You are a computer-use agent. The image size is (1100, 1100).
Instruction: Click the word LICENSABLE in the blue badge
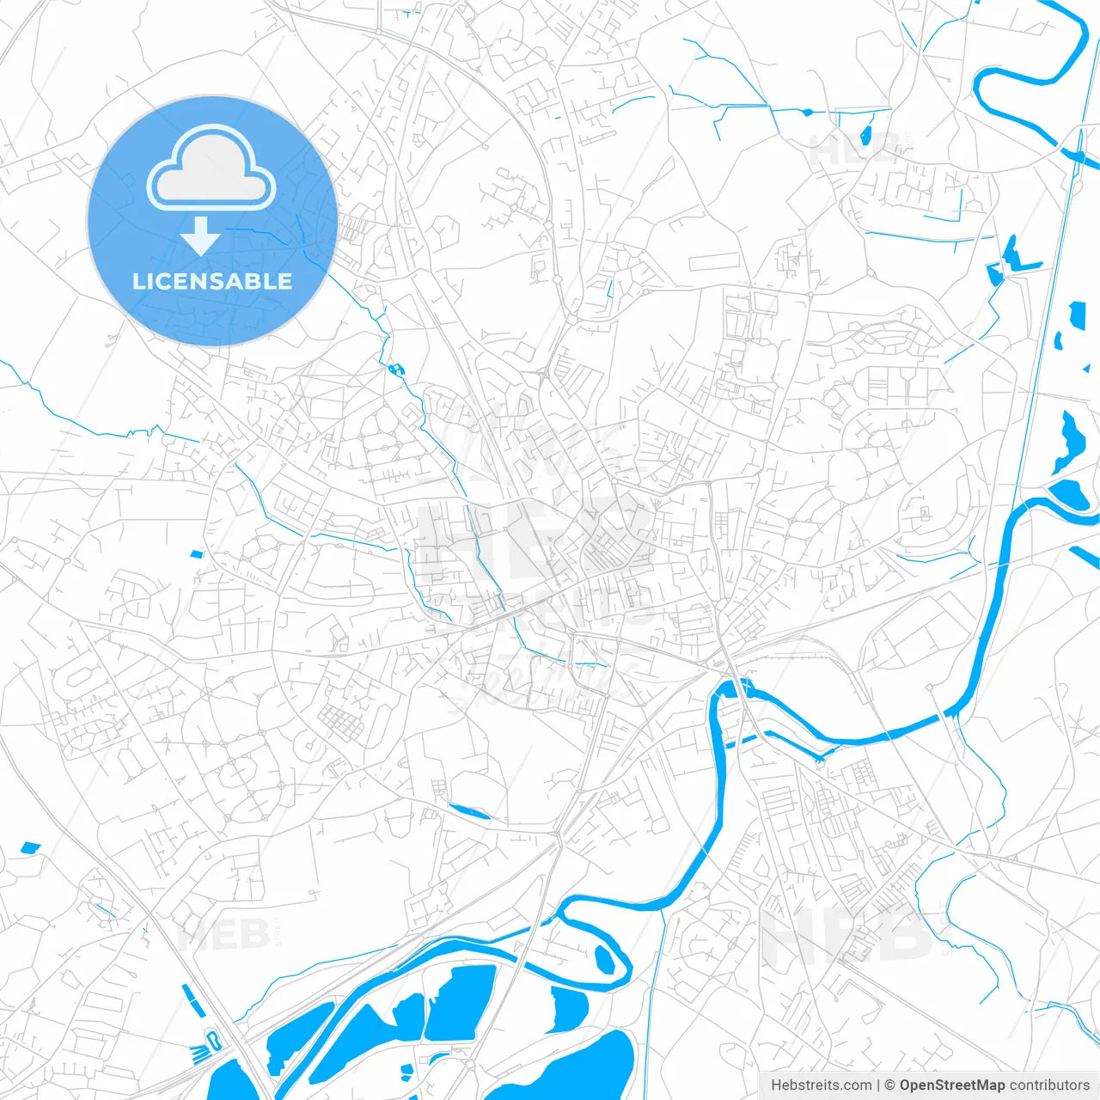211,281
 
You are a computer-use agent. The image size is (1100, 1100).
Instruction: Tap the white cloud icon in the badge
211,169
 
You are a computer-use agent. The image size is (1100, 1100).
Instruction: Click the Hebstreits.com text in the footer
821,1085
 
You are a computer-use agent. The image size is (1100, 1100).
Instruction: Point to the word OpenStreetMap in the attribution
952,1085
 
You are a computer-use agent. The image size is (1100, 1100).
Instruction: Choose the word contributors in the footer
1049,1085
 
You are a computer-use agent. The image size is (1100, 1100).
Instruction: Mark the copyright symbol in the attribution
890,1085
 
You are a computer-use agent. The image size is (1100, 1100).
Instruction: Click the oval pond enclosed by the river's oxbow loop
604,958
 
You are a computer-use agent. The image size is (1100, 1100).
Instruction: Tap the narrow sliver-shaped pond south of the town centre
469,810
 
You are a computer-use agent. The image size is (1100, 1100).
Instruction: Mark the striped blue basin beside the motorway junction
201,1050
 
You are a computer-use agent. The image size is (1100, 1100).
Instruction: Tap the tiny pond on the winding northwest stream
396,369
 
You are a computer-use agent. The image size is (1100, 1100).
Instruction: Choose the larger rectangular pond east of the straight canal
1077,317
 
